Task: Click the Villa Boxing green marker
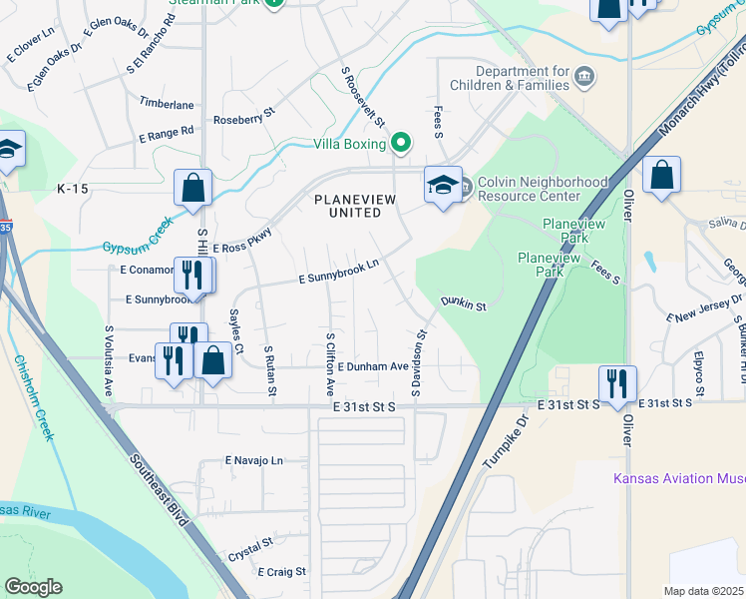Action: (x=401, y=144)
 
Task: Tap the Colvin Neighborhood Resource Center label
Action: (x=543, y=190)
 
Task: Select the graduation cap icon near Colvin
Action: (x=443, y=185)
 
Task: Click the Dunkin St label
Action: (x=463, y=301)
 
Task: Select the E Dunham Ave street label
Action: (x=373, y=367)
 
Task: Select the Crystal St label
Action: (x=250, y=548)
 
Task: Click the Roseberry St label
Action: (x=244, y=120)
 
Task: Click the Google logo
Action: (x=33, y=587)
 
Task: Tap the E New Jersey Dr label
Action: (x=708, y=306)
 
